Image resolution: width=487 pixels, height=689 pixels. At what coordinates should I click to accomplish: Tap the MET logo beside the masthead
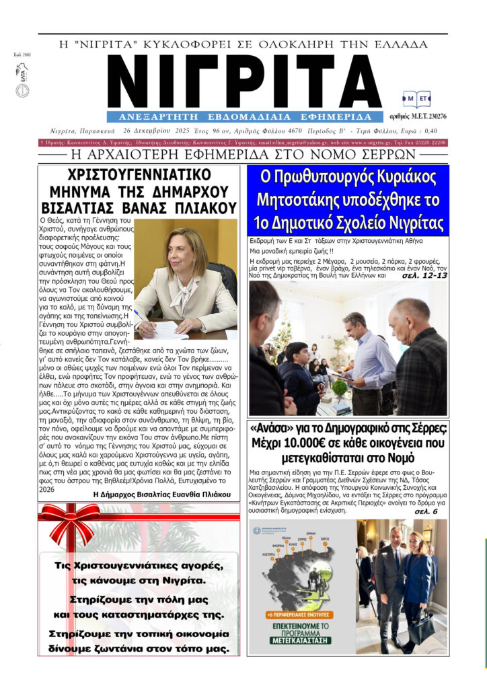pos(416,100)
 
